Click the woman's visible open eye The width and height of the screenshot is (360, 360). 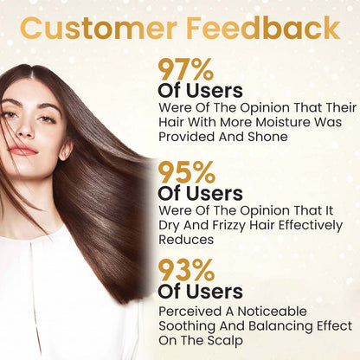[x=46, y=112]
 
